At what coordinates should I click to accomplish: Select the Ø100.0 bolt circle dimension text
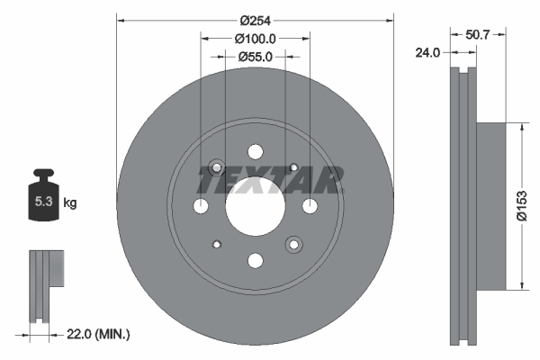(x=255, y=39)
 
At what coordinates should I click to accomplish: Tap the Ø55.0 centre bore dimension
(x=255, y=56)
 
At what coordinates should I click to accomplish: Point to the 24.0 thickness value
(x=427, y=52)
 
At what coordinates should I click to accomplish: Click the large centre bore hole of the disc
(x=255, y=207)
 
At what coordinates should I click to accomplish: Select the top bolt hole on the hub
(x=255, y=152)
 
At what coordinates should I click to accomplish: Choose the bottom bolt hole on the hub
(x=255, y=261)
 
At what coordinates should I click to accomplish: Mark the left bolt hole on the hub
(x=201, y=207)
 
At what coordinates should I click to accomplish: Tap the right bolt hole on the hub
(x=310, y=207)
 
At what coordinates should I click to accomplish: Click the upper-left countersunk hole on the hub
(x=216, y=167)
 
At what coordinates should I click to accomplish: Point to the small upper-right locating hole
(x=294, y=167)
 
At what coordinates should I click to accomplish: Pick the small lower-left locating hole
(x=216, y=245)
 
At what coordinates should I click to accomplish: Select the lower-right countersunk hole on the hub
(x=293, y=245)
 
